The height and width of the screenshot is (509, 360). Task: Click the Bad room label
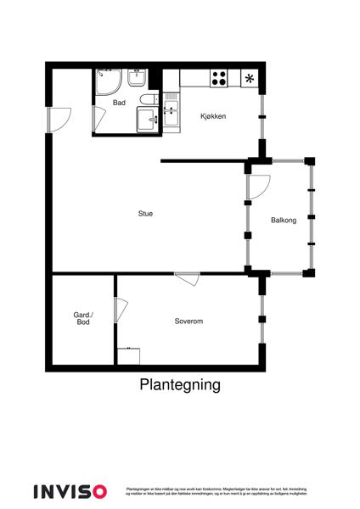[119, 103]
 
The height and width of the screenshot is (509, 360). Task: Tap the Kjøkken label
[212, 116]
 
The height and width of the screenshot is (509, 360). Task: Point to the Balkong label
[284, 221]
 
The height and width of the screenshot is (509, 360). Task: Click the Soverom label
[188, 321]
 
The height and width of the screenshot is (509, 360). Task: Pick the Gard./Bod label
[83, 318]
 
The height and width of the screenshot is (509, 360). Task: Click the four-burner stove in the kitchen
[219, 78]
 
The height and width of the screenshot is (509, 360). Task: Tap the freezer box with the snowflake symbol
[250, 79]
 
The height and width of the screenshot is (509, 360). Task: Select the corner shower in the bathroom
[109, 82]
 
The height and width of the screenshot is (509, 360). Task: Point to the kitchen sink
[172, 113]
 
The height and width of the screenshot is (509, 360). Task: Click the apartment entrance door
[56, 120]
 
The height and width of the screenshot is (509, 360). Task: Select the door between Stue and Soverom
[187, 278]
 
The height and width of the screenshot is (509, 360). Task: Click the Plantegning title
[179, 384]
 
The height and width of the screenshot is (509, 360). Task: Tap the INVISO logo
[70, 490]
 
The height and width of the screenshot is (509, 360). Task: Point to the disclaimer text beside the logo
[216, 490]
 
